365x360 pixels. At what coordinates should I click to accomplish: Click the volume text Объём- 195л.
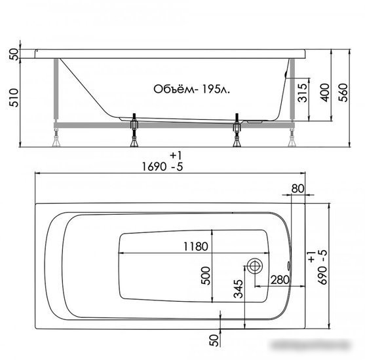(191, 89)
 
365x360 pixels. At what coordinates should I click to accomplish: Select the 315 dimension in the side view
(303, 92)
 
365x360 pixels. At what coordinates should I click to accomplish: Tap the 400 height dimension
(325, 92)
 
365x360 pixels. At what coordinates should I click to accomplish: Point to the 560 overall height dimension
(343, 92)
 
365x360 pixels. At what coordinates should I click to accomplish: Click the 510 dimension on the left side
(14, 98)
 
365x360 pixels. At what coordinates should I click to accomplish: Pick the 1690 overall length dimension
(163, 166)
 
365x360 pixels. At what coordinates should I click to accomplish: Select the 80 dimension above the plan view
(298, 189)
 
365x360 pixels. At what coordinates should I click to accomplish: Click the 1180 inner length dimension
(195, 247)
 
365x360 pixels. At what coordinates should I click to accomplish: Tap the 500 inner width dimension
(206, 276)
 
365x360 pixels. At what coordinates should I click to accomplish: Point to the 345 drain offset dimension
(238, 289)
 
